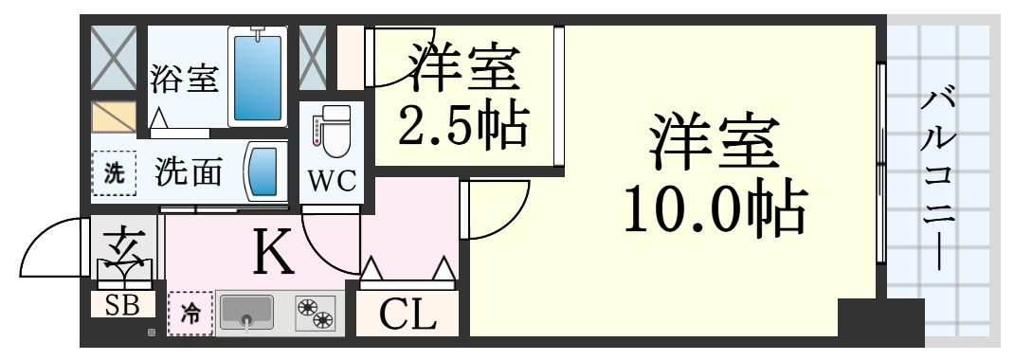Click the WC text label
point(332,180)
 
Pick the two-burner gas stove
point(317,314)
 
